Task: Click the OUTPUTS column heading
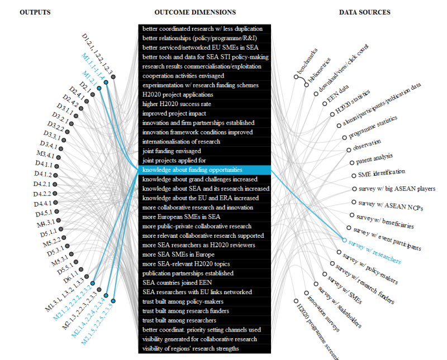click(x=35, y=12)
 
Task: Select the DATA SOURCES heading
click(x=364, y=12)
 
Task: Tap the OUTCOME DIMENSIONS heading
click(x=195, y=12)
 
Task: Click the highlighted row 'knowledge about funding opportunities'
click(x=192, y=170)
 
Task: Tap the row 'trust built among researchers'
click(x=179, y=320)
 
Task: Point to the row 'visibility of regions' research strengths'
click(x=191, y=349)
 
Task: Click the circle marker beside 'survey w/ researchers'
click(x=344, y=240)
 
